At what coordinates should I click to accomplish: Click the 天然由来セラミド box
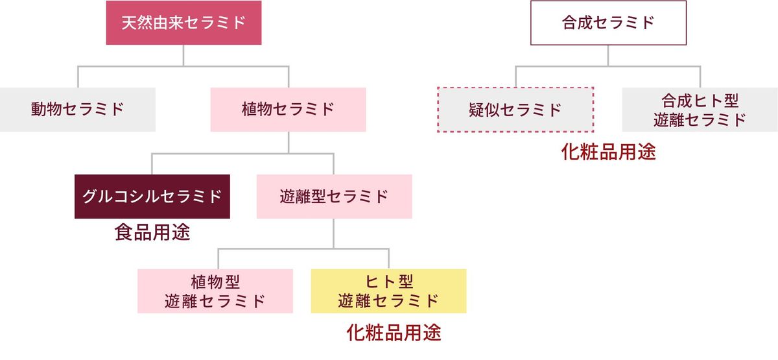183,23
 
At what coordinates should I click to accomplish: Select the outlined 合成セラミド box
607,23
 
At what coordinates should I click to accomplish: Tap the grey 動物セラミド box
77,109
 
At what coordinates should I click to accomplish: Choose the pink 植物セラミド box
288,109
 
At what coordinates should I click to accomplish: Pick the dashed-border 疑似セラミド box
515,109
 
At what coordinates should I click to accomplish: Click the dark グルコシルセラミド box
152,196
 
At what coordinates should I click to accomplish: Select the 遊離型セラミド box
334,196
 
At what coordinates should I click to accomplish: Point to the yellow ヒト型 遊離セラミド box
388,291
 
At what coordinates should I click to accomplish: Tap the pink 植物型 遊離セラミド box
215,291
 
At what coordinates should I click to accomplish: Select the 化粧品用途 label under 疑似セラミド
608,152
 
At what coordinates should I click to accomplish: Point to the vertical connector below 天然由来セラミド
183,55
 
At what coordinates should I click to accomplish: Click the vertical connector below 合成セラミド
607,55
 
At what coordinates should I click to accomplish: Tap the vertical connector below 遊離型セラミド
334,233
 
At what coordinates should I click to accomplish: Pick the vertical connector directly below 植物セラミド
288,143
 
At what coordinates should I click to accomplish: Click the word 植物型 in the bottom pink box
215,282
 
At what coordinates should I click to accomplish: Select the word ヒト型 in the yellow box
388,282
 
